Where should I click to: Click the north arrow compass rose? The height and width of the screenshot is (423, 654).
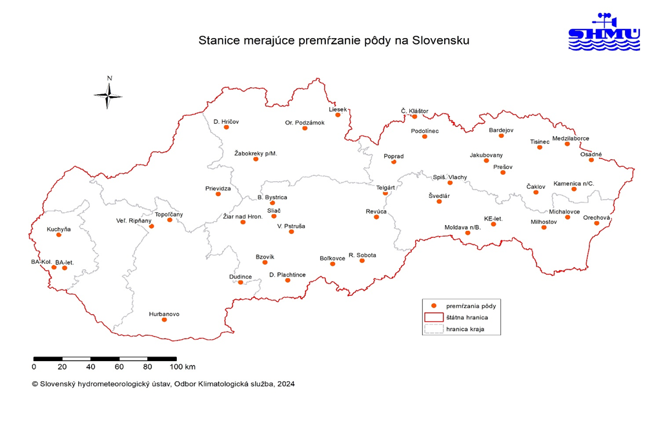[x=109, y=95]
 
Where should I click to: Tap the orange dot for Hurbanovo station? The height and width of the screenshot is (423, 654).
[x=164, y=320]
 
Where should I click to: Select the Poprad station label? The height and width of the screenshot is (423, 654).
[x=393, y=156]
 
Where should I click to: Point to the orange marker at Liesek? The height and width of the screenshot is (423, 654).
[x=338, y=115]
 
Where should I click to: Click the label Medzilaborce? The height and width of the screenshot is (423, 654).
[x=571, y=139]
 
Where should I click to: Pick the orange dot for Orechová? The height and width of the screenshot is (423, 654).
[x=597, y=223]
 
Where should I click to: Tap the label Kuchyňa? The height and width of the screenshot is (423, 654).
[x=58, y=229]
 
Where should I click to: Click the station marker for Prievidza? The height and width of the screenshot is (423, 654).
[x=218, y=193]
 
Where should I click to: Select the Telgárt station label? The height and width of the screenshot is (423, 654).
[x=385, y=187]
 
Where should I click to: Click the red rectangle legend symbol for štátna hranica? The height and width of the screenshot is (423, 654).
[x=433, y=317]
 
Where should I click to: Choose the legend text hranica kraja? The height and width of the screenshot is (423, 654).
[x=465, y=329]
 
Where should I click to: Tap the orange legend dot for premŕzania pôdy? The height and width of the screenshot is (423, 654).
[x=434, y=306]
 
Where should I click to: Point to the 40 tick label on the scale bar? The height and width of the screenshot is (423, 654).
[x=90, y=367]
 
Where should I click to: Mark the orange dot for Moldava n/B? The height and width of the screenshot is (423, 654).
[x=468, y=233]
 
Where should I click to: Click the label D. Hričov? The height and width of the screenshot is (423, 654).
[x=225, y=121]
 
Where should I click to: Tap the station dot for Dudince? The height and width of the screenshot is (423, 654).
[x=241, y=282]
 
